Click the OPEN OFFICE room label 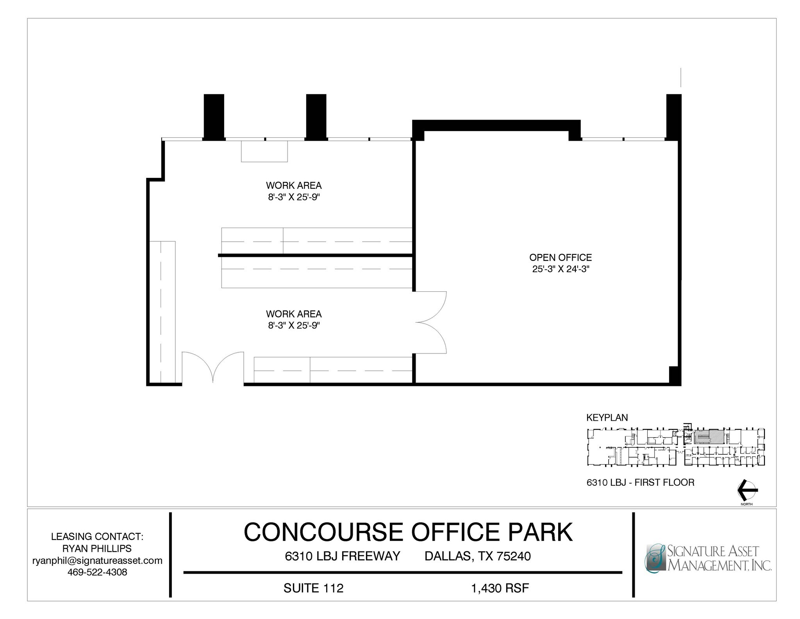pyautogui.click(x=560, y=257)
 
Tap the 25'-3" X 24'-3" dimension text pyautogui.click(x=560, y=269)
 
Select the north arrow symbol pyautogui.click(x=747, y=490)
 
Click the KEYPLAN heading pyautogui.click(x=607, y=418)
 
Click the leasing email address pyautogui.click(x=97, y=560)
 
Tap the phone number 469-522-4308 pyautogui.click(x=97, y=572)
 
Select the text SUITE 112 pyautogui.click(x=313, y=588)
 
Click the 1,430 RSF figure pyautogui.click(x=500, y=588)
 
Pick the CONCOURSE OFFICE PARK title pyautogui.click(x=408, y=532)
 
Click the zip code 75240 pyautogui.click(x=514, y=556)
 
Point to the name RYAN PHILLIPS pyautogui.click(x=97, y=548)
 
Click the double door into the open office pyautogui.click(x=430, y=322)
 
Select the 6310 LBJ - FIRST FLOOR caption pyautogui.click(x=640, y=483)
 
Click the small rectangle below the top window pyautogui.click(x=264, y=151)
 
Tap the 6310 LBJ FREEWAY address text pyautogui.click(x=343, y=556)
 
